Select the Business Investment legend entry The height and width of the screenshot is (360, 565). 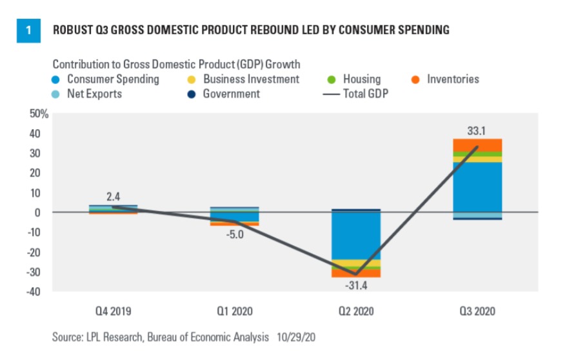(251, 79)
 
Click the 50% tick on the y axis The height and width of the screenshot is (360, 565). (38, 114)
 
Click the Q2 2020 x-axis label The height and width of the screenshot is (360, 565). (355, 312)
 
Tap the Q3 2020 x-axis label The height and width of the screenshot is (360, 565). (477, 312)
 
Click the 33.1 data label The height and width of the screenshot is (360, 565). (477, 131)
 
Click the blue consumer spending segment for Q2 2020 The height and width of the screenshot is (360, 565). (355, 235)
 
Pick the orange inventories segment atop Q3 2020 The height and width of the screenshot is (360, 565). (477, 145)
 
